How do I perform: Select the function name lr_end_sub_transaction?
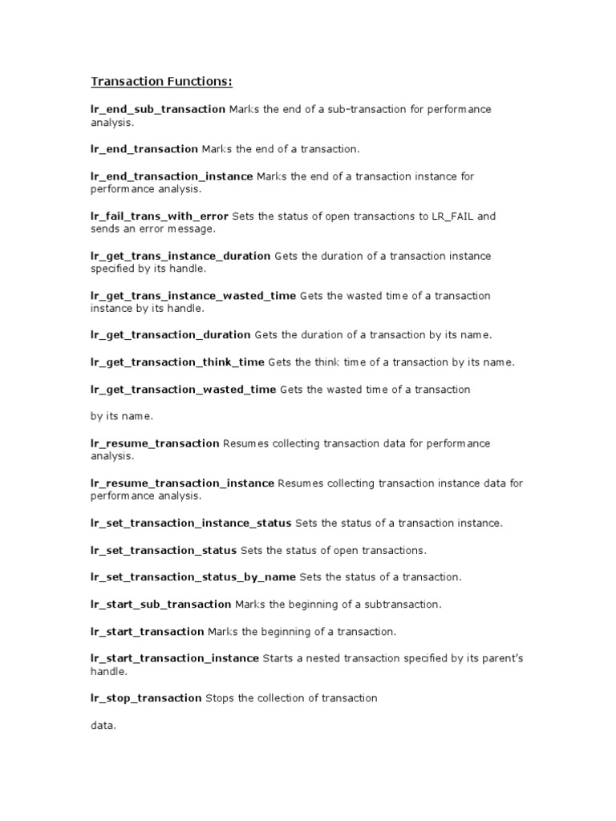pyautogui.click(x=157, y=109)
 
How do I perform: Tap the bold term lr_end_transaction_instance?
pyautogui.click(x=172, y=176)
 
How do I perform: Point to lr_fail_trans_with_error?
pyautogui.click(x=160, y=216)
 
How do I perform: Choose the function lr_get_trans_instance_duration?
pyautogui.click(x=180, y=256)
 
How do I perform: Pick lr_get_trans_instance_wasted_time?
pyautogui.click(x=193, y=296)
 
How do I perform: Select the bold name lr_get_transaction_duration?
pyautogui.click(x=171, y=335)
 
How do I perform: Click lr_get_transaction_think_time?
pyautogui.click(x=177, y=362)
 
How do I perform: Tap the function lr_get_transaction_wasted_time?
pyautogui.click(x=183, y=390)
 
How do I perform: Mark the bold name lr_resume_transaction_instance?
pyautogui.click(x=182, y=483)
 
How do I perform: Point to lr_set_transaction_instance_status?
pyautogui.click(x=191, y=524)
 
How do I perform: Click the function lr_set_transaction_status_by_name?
pyautogui.click(x=193, y=577)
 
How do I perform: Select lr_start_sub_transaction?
pyautogui.click(x=160, y=604)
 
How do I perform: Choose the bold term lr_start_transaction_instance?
pyautogui.click(x=175, y=658)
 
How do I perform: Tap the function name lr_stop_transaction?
pyautogui.click(x=146, y=698)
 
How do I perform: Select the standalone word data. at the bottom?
pyautogui.click(x=103, y=726)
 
